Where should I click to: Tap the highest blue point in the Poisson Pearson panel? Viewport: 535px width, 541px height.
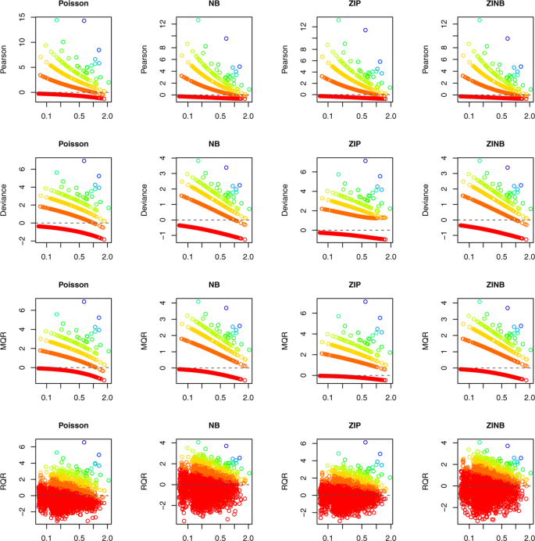pyautogui.click(x=84, y=20)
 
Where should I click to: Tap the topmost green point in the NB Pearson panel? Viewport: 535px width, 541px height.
pyautogui.click(x=198, y=20)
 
